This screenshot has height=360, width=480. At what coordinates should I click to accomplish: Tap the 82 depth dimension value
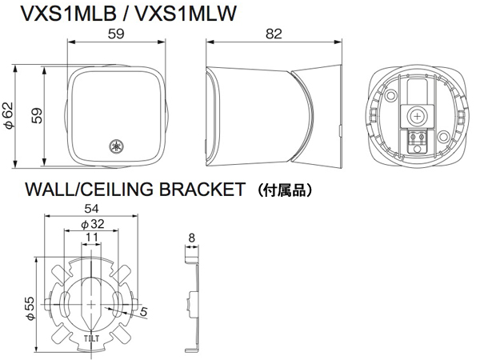click(x=274, y=34)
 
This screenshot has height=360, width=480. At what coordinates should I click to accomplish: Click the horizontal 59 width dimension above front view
click(x=116, y=34)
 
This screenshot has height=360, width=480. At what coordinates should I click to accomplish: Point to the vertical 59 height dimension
click(x=38, y=115)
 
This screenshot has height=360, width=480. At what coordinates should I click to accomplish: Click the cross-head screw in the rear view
click(x=417, y=116)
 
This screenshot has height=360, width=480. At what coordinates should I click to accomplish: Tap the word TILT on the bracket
click(x=91, y=338)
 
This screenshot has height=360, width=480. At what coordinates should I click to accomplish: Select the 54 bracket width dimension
click(x=91, y=209)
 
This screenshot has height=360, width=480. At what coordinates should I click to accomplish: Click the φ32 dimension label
click(x=92, y=224)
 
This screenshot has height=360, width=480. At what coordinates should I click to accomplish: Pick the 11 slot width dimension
click(x=92, y=238)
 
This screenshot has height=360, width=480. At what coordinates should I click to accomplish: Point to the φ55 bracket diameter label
click(x=30, y=308)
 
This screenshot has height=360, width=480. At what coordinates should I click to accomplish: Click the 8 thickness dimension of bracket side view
click(x=192, y=238)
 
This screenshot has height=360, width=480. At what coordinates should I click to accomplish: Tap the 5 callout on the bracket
click(x=143, y=312)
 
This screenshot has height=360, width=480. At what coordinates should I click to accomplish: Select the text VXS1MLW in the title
click(x=186, y=14)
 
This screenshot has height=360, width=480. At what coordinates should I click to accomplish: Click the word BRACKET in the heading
click(x=202, y=189)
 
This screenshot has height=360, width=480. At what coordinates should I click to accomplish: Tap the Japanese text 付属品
click(x=285, y=190)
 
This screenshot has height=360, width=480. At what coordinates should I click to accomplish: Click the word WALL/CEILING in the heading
click(x=89, y=189)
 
